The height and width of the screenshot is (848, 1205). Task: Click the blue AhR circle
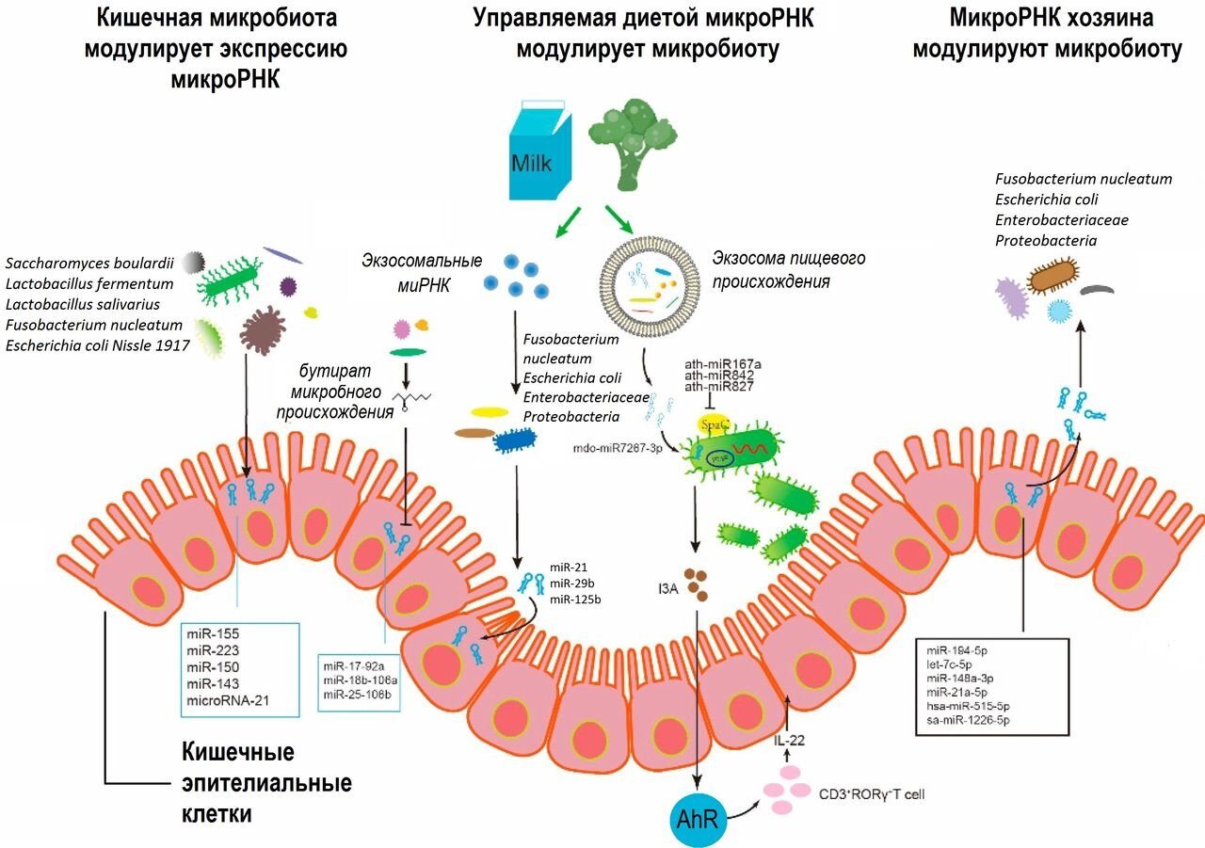pyautogui.click(x=698, y=817)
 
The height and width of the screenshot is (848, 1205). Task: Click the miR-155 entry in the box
pyautogui.click(x=212, y=633)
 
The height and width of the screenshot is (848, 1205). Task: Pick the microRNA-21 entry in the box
pyautogui.click(x=232, y=700)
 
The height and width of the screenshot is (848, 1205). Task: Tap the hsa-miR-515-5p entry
pyautogui.click(x=975, y=705)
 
